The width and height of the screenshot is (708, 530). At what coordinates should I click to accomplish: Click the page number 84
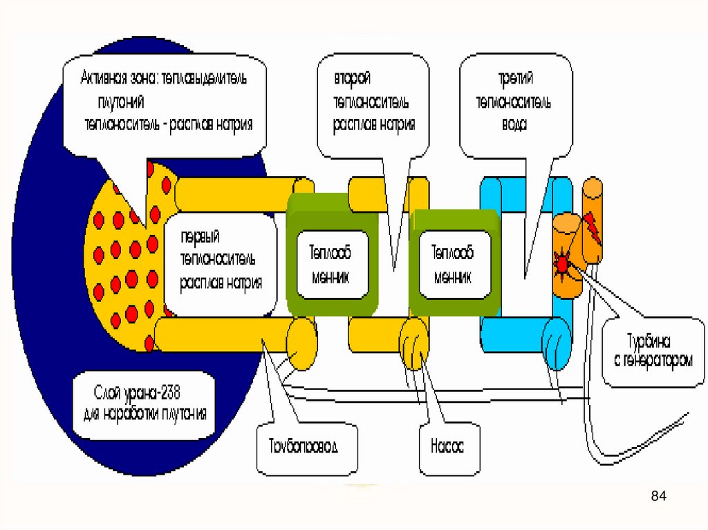click(658, 496)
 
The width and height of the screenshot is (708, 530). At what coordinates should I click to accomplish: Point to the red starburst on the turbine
click(562, 263)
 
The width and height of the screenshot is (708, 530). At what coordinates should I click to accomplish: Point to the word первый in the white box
click(200, 238)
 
